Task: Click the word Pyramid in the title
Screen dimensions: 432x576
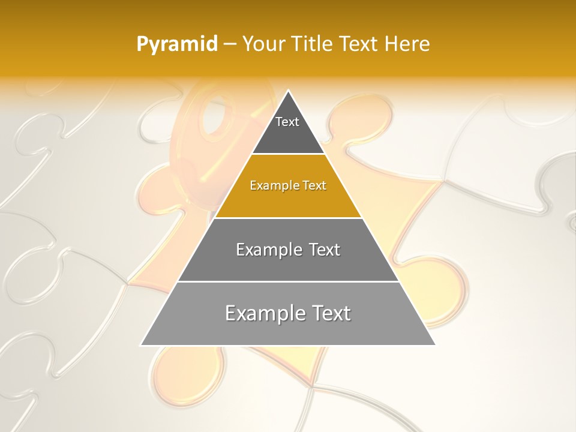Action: [x=176, y=44]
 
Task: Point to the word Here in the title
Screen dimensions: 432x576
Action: [x=407, y=44]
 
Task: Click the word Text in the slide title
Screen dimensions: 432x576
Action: [x=360, y=44]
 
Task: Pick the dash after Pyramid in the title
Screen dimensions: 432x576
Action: [x=229, y=44]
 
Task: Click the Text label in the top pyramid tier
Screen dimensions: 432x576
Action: [x=287, y=122]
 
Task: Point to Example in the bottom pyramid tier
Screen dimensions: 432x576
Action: [x=261, y=313]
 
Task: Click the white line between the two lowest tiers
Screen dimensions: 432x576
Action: [x=288, y=281]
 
